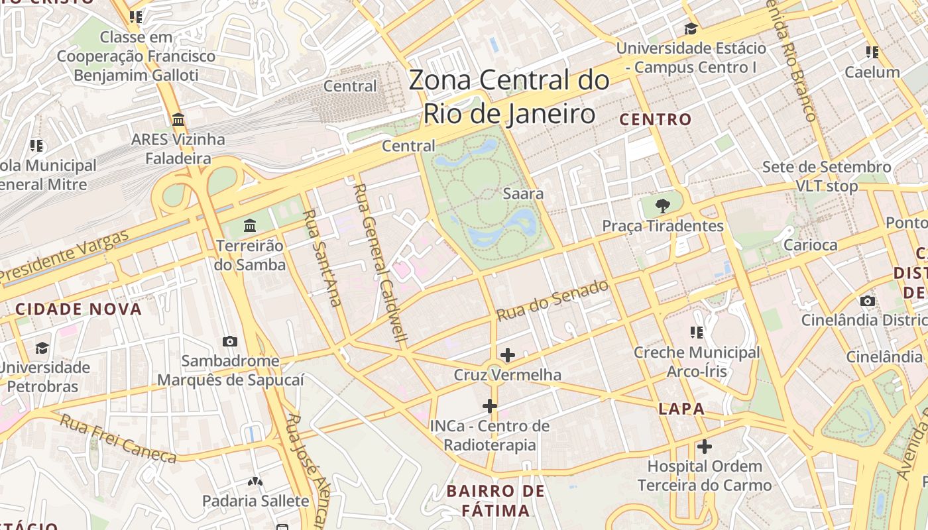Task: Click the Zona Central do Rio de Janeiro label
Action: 509,97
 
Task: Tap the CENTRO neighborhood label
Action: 656,120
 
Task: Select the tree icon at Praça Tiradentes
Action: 662,205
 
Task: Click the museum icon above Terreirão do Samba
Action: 250,226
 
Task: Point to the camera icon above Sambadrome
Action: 230,341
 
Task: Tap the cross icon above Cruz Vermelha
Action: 508,355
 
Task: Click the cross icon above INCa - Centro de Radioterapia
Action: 490,405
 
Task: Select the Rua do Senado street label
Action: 552,300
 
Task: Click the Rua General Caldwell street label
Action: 380,262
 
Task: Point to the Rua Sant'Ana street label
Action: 322,258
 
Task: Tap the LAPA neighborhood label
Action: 681,409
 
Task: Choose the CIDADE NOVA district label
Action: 78,309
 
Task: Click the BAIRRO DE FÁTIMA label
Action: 495,501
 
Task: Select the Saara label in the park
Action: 523,193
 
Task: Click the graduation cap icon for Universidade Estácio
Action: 691,29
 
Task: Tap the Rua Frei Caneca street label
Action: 118,438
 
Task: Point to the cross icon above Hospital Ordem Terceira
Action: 705,447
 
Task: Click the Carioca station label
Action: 810,244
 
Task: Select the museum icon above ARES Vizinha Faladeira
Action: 178,120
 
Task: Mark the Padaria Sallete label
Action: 255,500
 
